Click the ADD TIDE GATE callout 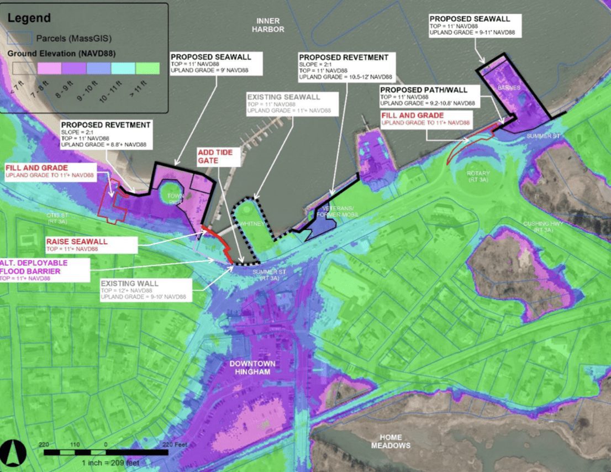point(219,156)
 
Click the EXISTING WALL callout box point(145,290)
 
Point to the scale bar point(106,452)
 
